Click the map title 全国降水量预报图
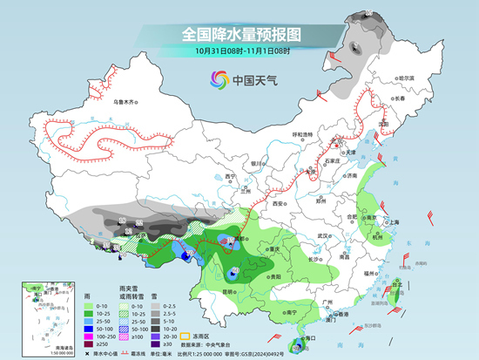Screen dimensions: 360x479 tap(239, 33)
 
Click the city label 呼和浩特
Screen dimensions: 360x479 tap(301, 135)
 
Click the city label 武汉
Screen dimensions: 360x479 tap(326, 235)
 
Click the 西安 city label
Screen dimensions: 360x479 tap(279, 203)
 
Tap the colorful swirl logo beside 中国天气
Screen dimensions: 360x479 tap(217, 81)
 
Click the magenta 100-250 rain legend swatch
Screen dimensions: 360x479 tap(89, 335)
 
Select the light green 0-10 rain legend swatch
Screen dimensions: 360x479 tap(89, 308)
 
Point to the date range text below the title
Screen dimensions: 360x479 tap(239, 51)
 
